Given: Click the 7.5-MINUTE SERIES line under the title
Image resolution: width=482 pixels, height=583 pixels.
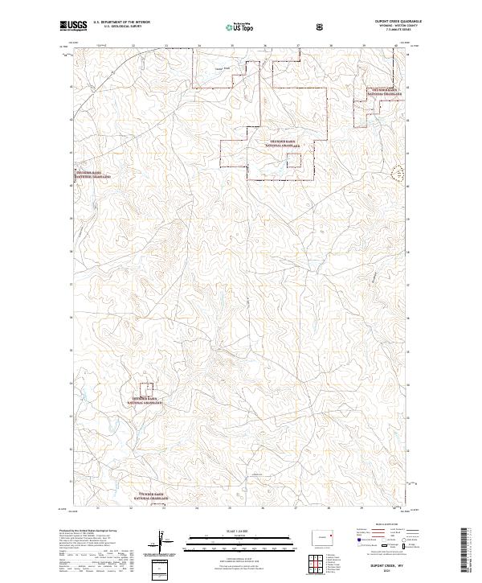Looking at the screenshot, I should [x=398, y=31].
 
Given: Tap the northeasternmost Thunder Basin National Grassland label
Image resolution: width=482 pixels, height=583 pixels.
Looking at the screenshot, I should [x=385, y=92].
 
